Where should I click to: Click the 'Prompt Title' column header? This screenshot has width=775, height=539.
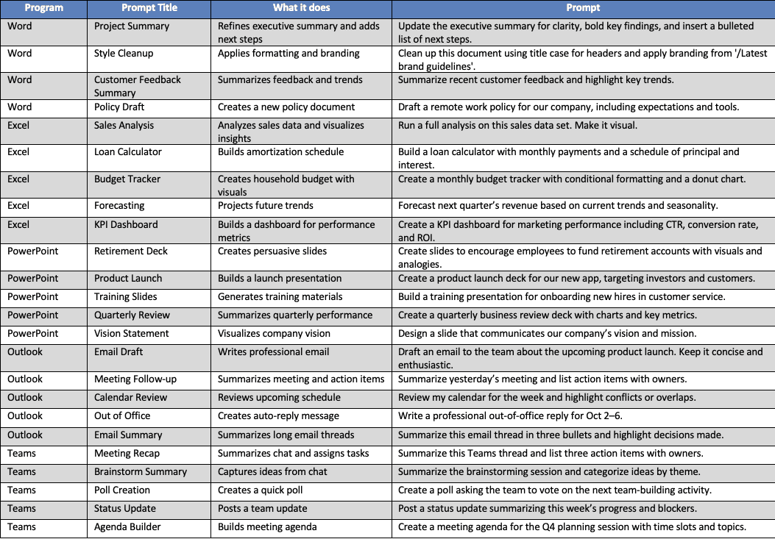click(149, 8)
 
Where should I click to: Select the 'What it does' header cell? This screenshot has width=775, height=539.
click(301, 8)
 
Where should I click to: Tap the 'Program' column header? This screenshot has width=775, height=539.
click(43, 8)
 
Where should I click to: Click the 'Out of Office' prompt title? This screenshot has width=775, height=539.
click(122, 416)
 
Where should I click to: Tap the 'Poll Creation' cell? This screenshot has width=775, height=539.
click(122, 490)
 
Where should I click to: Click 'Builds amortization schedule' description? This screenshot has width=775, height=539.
click(281, 152)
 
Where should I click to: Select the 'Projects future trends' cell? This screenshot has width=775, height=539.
click(266, 206)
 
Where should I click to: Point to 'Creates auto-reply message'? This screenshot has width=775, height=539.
click(278, 416)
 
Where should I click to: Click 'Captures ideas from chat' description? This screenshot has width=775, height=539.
click(273, 472)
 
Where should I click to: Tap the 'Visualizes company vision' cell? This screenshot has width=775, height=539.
click(274, 334)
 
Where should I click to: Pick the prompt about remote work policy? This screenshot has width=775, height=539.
click(568, 107)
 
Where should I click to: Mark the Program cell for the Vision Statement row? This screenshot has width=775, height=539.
click(32, 334)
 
